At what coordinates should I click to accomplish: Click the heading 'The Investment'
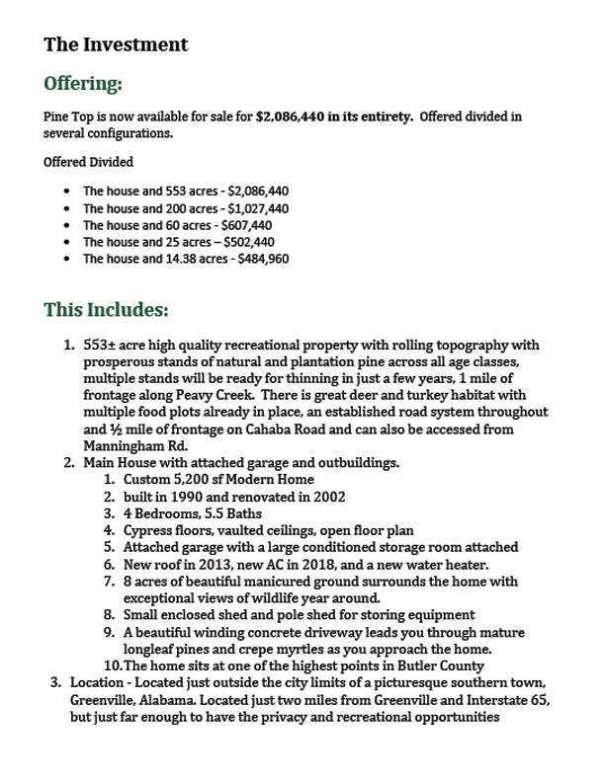point(116,44)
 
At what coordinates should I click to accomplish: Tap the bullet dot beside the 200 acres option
point(65,209)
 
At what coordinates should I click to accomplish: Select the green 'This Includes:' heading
point(106,310)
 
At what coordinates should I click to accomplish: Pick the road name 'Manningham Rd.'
point(130,445)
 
